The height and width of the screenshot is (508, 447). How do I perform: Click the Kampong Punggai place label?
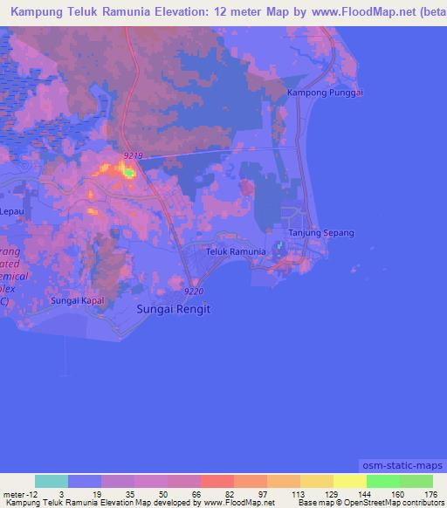tap(325, 92)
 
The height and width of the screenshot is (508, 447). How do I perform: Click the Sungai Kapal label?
tap(77, 300)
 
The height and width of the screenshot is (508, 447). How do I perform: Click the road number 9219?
tap(133, 154)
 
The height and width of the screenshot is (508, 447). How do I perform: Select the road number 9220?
tap(194, 291)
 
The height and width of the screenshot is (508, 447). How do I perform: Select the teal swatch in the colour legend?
tap(52, 481)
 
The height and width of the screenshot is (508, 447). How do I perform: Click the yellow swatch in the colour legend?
tap(350, 481)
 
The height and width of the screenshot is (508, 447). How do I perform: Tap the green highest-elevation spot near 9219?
tap(129, 173)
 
